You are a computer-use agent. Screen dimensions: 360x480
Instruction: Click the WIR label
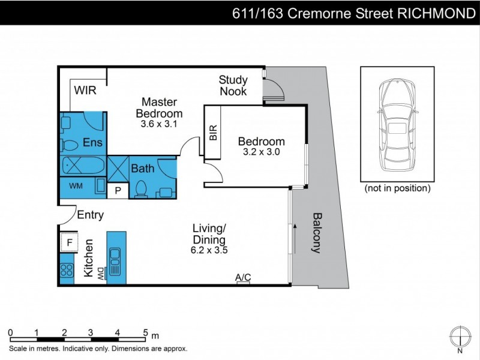(85, 91)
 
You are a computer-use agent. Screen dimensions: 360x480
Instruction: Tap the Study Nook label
(233, 85)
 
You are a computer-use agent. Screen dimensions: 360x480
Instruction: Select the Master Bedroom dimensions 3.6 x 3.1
(158, 124)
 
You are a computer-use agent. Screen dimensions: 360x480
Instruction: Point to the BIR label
(213, 133)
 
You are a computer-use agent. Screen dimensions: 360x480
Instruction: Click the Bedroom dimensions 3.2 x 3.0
(261, 152)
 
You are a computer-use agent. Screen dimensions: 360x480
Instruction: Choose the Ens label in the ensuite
(92, 143)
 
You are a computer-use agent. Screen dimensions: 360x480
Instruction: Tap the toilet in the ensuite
(69, 145)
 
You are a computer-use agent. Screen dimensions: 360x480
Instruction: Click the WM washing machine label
(76, 186)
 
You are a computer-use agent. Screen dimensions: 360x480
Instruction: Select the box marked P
(118, 191)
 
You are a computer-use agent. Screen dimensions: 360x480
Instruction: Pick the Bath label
(143, 169)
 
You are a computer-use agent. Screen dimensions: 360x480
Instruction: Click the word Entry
(90, 215)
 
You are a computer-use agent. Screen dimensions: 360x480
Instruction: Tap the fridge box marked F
(70, 243)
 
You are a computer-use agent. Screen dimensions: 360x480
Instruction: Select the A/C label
(243, 277)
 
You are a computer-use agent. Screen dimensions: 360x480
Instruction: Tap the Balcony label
(317, 233)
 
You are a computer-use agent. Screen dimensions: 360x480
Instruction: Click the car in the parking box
(397, 123)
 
